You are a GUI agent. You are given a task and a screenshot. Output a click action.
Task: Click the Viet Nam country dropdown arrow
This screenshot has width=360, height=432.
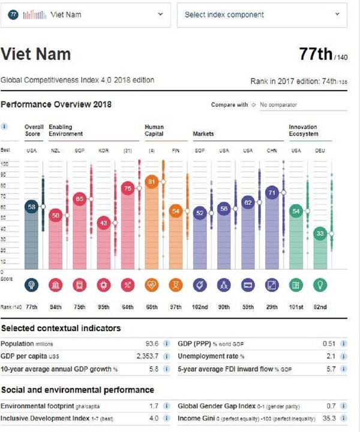tap(160, 14)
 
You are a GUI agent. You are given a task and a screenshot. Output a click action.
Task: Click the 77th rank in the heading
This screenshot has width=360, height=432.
tap(316, 55)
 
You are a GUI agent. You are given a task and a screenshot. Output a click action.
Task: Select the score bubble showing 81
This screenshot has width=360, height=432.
tap(151, 181)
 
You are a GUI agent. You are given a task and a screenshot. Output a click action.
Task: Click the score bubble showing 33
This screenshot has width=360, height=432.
tap(320, 233)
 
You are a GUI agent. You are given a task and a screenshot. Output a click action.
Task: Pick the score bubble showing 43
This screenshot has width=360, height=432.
tap(103, 223)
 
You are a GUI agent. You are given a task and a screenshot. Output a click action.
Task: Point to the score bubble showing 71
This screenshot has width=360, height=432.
tap(272, 193)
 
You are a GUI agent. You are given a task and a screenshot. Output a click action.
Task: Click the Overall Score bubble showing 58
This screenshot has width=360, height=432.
tap(31, 206)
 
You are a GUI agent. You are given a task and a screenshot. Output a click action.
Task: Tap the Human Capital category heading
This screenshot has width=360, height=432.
tap(154, 130)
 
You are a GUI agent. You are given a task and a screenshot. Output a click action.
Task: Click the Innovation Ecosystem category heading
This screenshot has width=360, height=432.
tap(303, 130)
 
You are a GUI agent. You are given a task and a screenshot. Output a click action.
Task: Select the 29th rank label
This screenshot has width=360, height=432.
tap(272, 307)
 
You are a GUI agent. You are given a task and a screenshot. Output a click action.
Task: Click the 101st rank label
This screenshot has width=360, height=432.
tap(296, 307)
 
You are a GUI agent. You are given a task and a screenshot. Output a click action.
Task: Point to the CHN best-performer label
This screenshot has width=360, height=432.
tap(272, 151)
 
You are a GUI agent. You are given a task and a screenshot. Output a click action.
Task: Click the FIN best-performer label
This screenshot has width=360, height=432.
tap(176, 151)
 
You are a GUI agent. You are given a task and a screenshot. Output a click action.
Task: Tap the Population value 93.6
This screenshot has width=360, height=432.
tap(152, 344)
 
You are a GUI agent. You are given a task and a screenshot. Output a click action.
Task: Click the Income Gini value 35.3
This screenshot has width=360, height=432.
tap(328, 418)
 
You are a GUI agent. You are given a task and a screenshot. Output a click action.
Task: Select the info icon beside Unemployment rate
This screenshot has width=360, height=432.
tap(343, 356)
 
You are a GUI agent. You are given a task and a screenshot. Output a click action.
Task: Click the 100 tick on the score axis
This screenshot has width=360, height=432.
tap(5, 164)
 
